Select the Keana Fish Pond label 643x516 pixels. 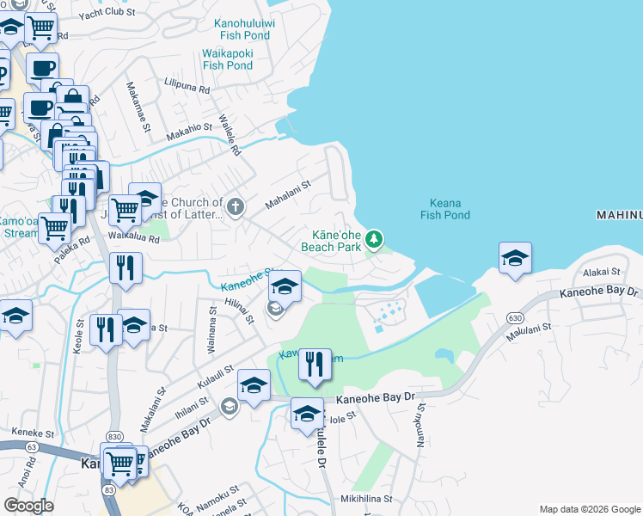[x=445, y=209]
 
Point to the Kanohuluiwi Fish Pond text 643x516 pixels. [x=242, y=29]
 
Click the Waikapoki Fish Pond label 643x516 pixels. [x=228, y=58]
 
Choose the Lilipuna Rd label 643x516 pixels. [x=187, y=87]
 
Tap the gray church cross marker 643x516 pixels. [x=235, y=206]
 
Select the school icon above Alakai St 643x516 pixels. [x=515, y=257]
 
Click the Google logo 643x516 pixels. [x=29, y=506]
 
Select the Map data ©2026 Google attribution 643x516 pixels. [x=589, y=509]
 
